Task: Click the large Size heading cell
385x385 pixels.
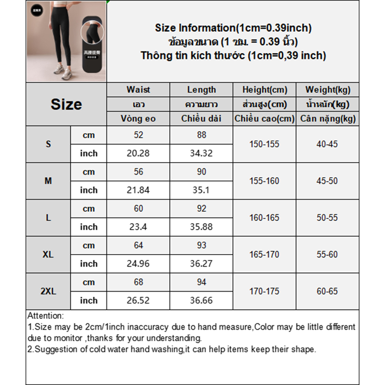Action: point(66,104)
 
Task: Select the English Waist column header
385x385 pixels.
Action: point(138,90)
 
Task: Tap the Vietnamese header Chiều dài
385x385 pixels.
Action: point(202,118)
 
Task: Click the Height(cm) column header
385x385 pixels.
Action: point(265,90)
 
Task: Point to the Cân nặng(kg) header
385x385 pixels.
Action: point(328,118)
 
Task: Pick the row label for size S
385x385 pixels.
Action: point(48,144)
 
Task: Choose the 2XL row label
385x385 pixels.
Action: point(48,291)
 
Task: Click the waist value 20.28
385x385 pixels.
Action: point(139,154)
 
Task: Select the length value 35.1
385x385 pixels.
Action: point(202,190)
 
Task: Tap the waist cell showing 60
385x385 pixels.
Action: point(139,208)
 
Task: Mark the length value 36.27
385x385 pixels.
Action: point(202,264)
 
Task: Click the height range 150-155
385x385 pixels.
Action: point(264,144)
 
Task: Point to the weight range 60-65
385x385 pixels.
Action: point(327,291)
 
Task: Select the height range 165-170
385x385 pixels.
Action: point(264,255)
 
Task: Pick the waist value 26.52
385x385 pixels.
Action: point(139,300)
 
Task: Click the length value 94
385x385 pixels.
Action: point(202,282)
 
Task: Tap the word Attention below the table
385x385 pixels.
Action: point(45,316)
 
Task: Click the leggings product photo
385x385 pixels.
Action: point(66,41)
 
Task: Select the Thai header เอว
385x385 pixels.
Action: point(139,104)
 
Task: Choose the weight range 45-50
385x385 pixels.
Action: point(327,181)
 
